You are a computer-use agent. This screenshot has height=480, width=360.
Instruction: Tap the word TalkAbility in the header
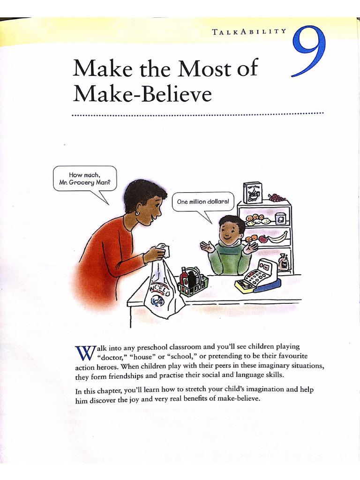pos(249,31)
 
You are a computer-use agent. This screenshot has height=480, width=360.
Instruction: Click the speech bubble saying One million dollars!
pos(203,202)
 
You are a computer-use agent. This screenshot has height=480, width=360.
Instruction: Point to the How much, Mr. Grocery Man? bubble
pos(84,179)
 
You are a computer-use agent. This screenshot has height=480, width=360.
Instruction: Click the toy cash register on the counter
pos(258,277)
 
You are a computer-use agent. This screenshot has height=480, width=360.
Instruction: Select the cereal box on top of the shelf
pos(253,192)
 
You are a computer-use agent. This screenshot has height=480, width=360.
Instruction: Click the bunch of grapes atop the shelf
pos(277,197)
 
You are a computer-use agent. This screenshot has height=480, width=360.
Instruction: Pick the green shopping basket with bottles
pos(193,283)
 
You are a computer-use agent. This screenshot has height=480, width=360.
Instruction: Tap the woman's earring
pos(137,213)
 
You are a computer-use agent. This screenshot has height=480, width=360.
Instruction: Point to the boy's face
pos(230,231)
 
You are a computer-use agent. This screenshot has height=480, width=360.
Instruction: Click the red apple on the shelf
pos(263,239)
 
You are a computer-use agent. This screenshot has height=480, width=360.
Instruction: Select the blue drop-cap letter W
pos(82,352)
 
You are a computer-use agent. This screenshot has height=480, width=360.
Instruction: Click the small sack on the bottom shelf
pos(283,262)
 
